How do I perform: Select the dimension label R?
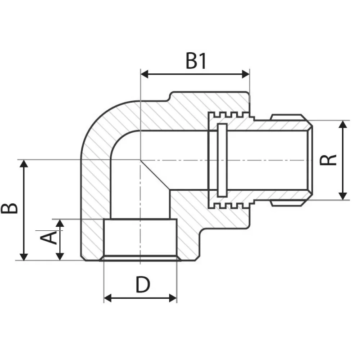330,160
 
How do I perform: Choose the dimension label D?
142,285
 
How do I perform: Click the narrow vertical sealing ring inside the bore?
221,160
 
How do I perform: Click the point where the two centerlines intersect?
141,160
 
